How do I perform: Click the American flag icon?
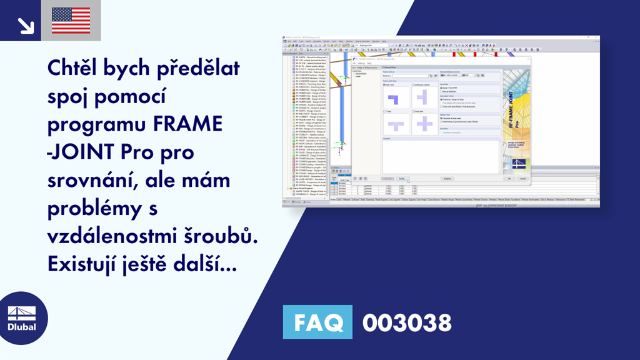(x=71, y=20)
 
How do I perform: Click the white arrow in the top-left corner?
(x=25, y=25)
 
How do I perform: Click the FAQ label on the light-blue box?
(x=317, y=323)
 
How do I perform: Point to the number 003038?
(x=407, y=323)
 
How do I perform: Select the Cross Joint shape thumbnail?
(x=426, y=124)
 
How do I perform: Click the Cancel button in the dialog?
(x=522, y=179)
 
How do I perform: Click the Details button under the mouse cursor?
(x=402, y=179)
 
